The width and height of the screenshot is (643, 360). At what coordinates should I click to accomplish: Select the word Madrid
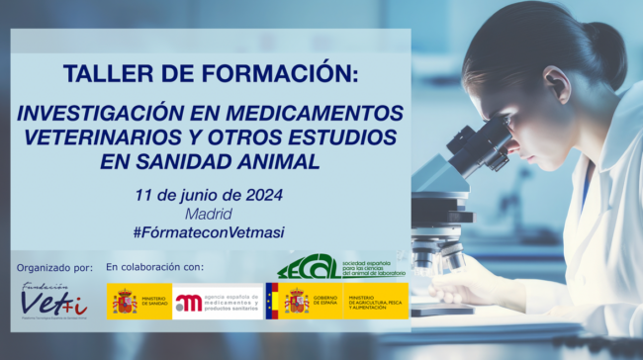point(208,214)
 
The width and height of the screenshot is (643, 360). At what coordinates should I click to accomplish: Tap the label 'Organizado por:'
point(55,268)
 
